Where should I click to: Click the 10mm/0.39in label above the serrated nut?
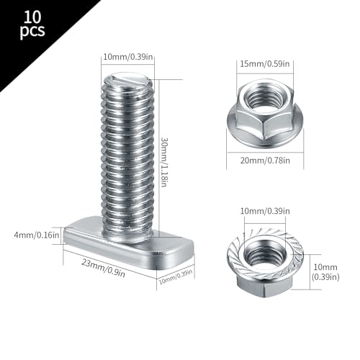point(267,212)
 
